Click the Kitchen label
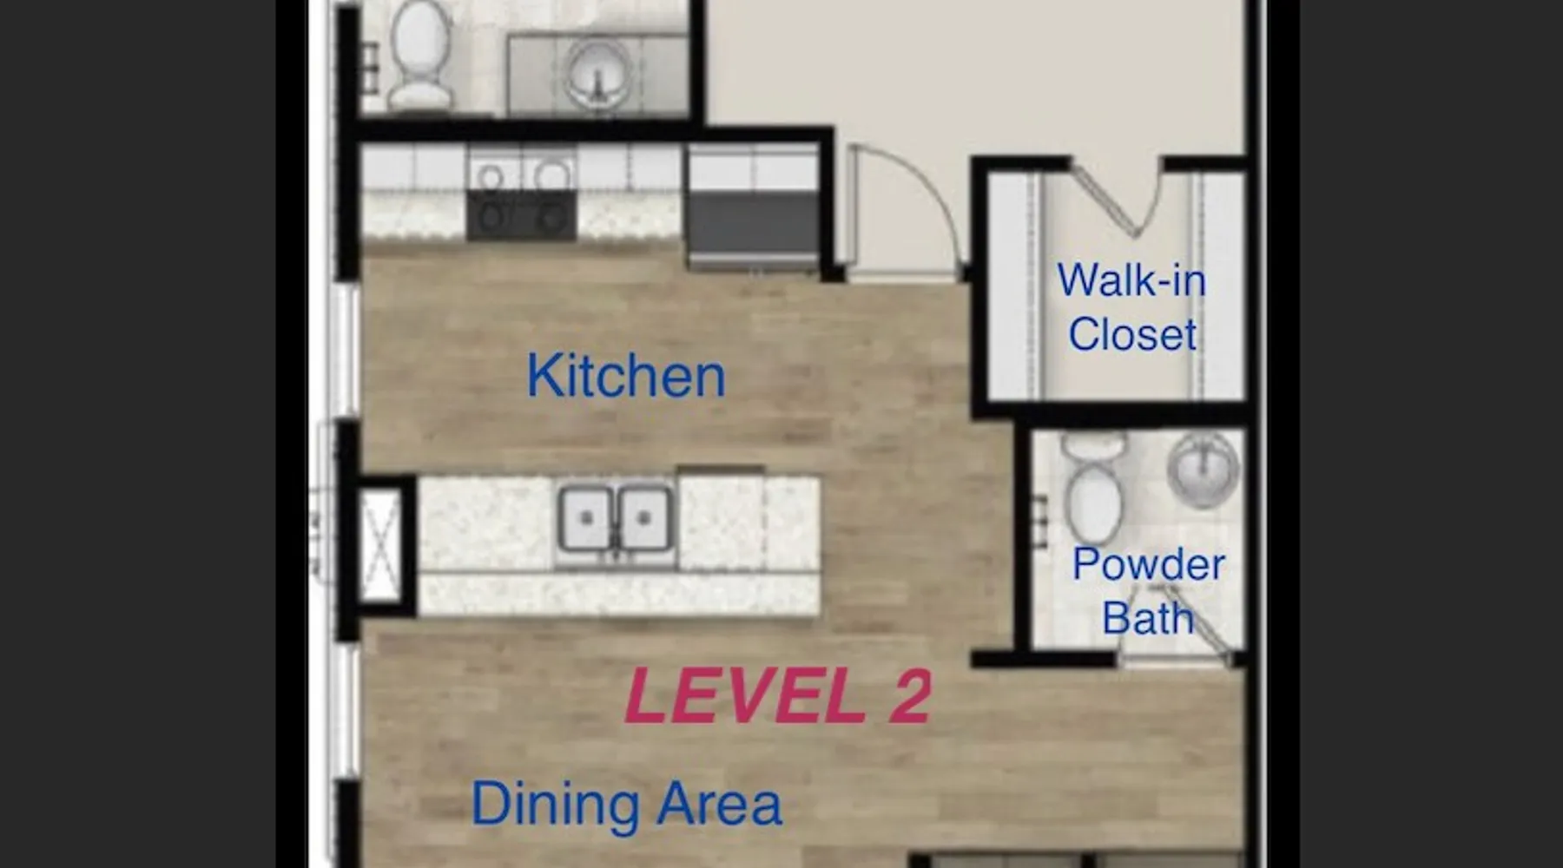pos(626,376)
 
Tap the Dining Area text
pos(626,804)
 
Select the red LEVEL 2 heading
pos(778,696)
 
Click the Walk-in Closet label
pos(1131,307)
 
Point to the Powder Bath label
pos(1148,591)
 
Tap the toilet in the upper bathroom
pos(419,55)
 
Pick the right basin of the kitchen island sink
pos(643,519)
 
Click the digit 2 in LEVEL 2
pos(909,696)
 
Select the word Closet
pos(1132,334)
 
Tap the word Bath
pos(1148,617)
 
